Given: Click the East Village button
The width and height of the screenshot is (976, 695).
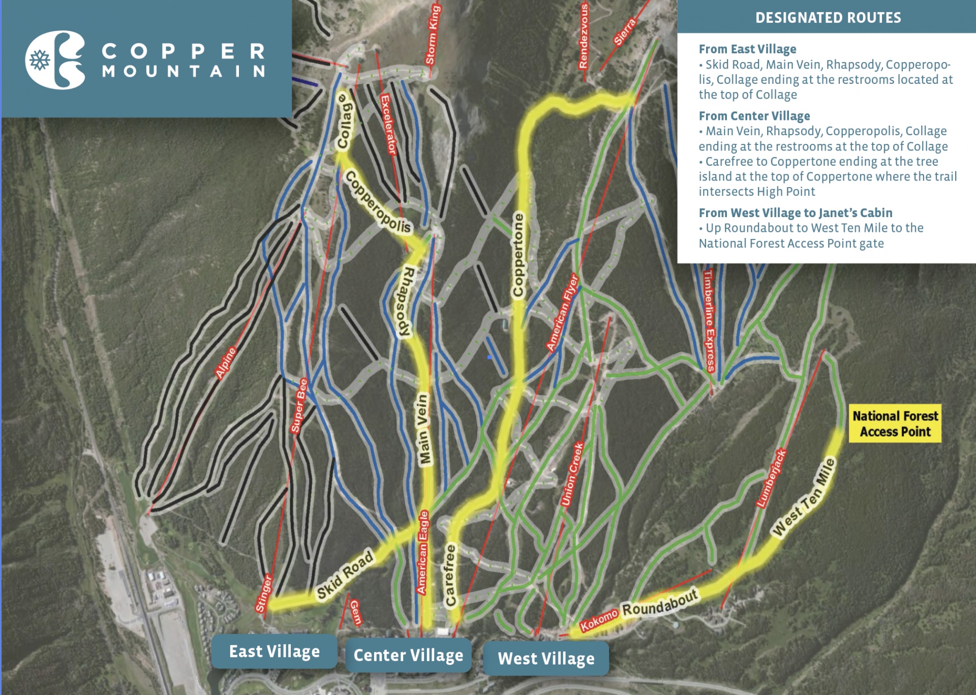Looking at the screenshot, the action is [274, 651].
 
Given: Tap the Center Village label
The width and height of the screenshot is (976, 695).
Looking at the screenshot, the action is [408, 655].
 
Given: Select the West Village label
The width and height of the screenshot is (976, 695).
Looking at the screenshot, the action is [546, 658].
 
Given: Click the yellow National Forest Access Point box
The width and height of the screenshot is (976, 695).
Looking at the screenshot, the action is [895, 424].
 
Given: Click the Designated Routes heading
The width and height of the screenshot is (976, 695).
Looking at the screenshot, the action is [828, 18].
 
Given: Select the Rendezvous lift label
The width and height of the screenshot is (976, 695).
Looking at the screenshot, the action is [584, 36].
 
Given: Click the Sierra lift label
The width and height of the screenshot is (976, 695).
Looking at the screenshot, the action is [625, 32].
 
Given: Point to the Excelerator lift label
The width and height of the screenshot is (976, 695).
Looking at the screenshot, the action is [388, 125].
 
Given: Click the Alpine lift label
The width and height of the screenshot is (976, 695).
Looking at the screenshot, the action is [226, 363].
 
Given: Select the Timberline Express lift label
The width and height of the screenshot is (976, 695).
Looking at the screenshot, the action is [709, 320].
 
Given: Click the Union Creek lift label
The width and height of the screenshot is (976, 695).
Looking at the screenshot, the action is [572, 474].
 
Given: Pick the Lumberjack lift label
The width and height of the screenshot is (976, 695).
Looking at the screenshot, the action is [771, 478].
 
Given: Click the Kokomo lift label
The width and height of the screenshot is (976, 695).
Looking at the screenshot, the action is [599, 620].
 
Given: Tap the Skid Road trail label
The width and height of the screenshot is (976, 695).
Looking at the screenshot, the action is [345, 575].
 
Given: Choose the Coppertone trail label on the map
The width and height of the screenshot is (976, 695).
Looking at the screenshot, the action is [518, 255].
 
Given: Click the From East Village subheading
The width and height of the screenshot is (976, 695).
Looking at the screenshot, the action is [747, 49].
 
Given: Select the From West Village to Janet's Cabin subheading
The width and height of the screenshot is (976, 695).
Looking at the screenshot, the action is [795, 213].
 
